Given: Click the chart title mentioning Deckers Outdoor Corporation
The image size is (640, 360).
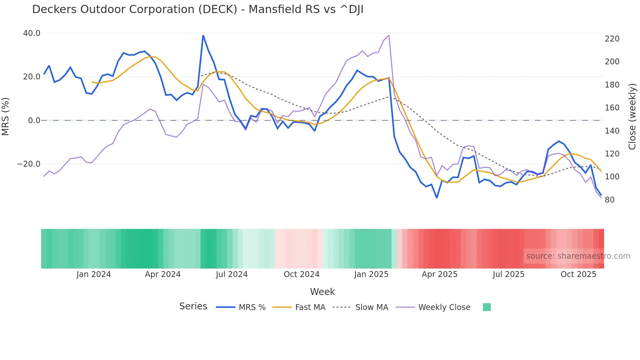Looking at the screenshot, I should click(198, 9).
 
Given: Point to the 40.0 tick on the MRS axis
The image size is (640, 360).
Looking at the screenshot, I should click(32, 33).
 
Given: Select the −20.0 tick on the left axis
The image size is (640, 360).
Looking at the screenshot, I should click(29, 164).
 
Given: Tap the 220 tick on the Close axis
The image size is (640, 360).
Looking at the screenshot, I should click(612, 39).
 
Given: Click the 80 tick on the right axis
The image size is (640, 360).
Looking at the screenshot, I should click(610, 200).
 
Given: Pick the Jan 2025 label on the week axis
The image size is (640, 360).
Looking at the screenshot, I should click(371, 274).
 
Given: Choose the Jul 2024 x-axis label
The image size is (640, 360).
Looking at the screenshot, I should click(232, 274).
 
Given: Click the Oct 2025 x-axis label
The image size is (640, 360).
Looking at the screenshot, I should click(578, 274).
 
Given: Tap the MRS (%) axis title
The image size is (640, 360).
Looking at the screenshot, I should click(6, 116).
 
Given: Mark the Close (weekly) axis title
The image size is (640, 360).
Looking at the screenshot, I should click(632, 116).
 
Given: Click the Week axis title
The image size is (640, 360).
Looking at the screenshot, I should click(322, 292).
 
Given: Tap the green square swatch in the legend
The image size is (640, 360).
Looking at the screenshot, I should click(487, 307).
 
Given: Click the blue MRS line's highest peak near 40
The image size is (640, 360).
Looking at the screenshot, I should click(203, 36).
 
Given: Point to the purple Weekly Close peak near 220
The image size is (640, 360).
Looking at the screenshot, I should click(389, 35).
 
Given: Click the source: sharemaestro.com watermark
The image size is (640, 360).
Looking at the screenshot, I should click(578, 256).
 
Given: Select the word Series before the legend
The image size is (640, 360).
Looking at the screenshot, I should click(193, 306).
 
